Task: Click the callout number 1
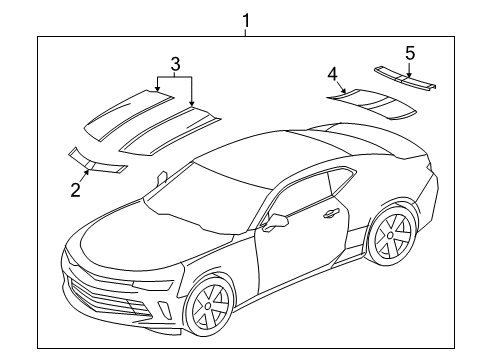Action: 245,19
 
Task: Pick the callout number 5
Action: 409,51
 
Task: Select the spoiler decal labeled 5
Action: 405,76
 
